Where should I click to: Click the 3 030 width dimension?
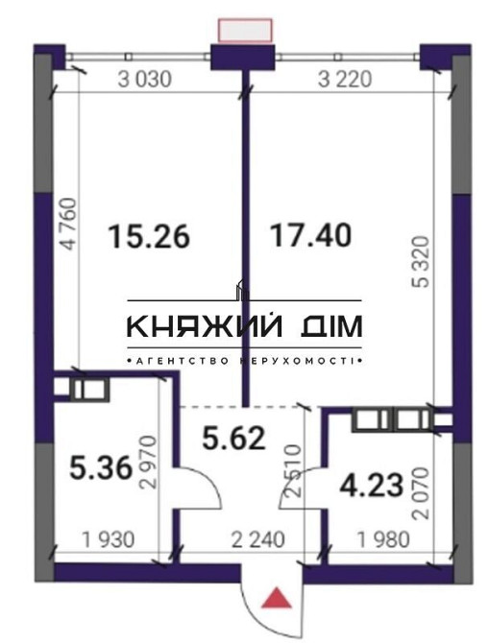coord(145,81)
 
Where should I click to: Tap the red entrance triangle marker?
coord(278,600)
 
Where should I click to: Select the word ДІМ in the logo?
coord(330,327)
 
